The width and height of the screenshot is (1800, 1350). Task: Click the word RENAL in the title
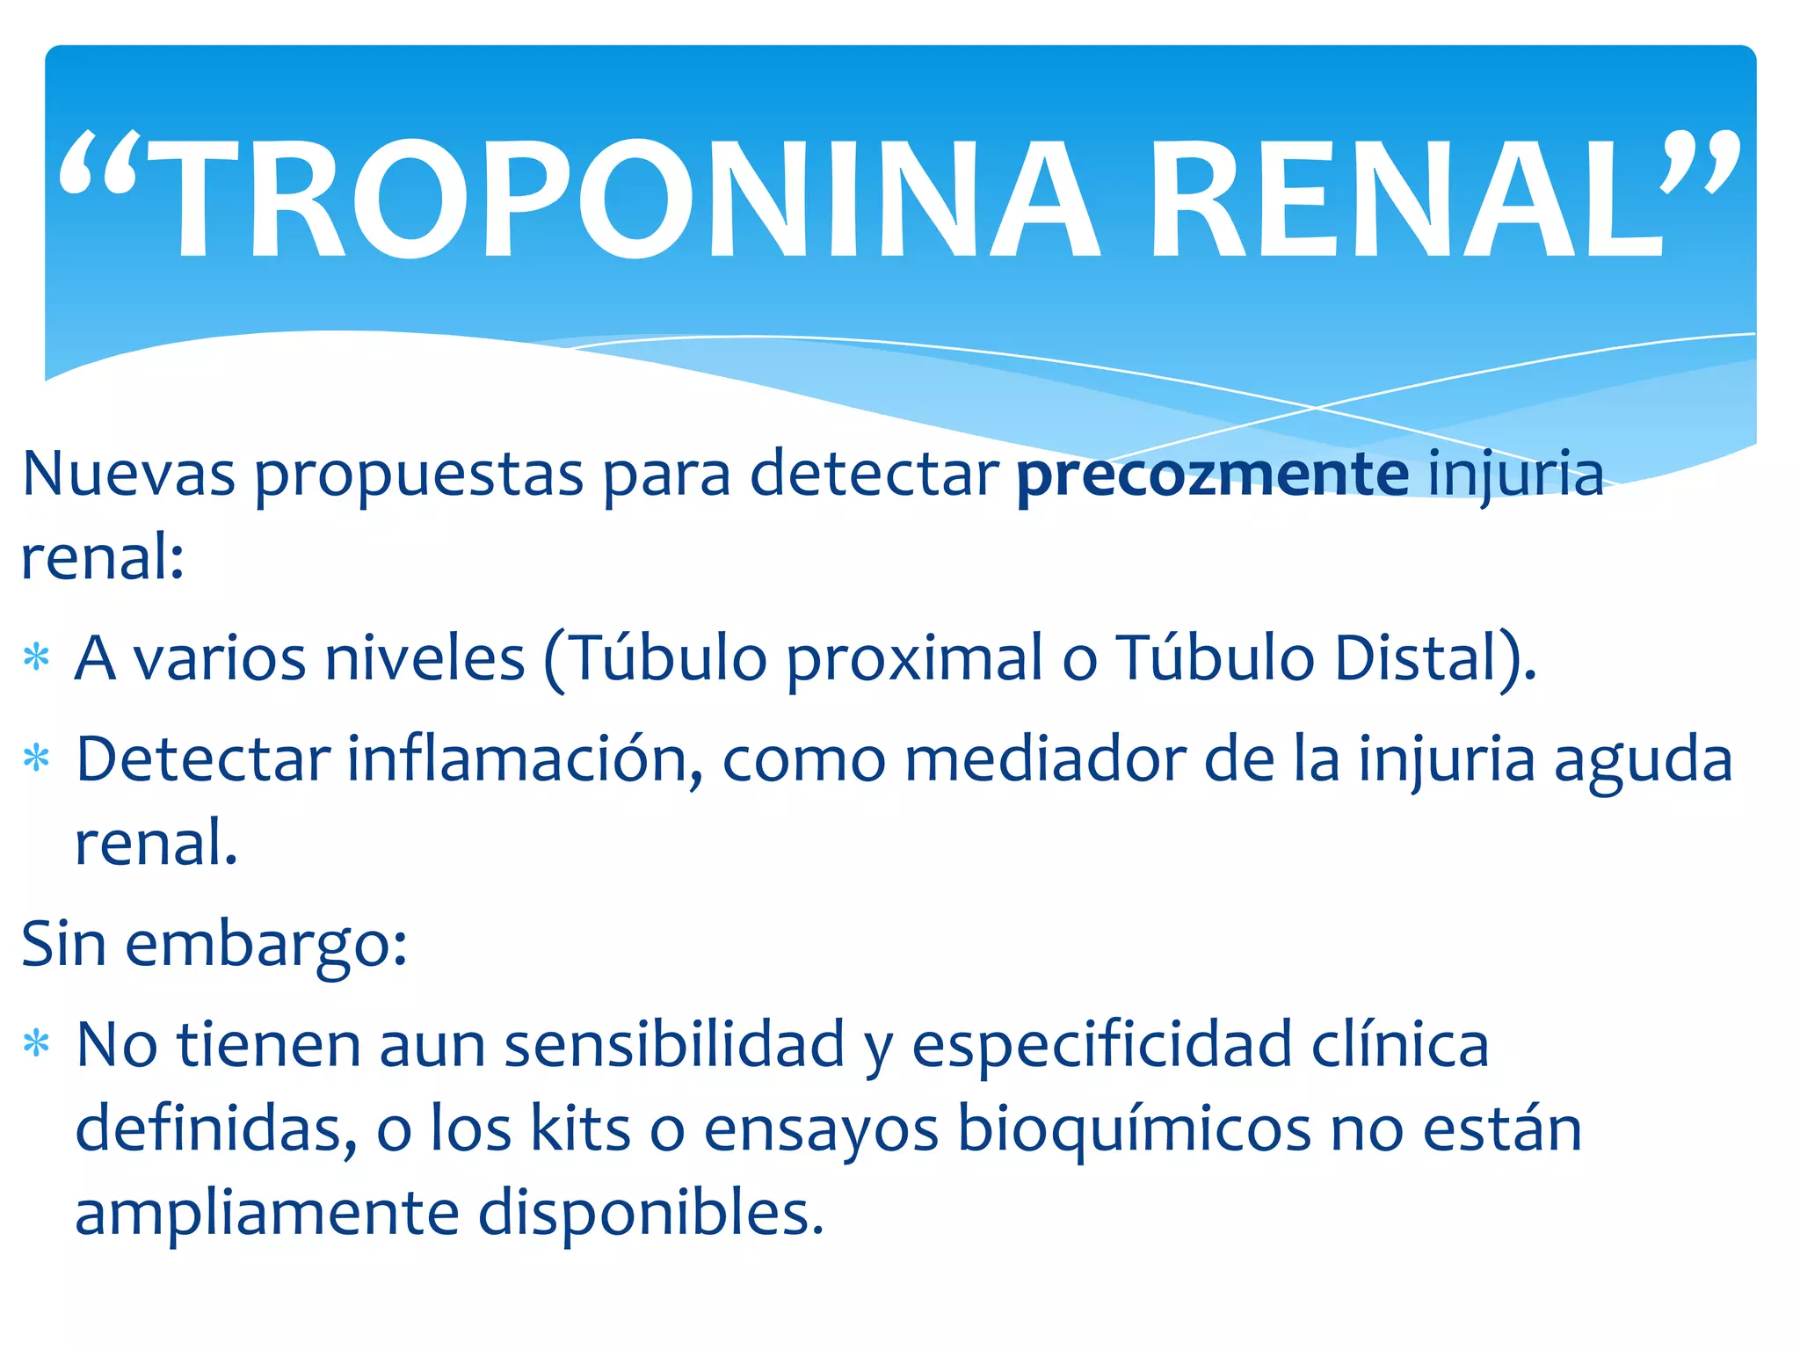click(1406, 200)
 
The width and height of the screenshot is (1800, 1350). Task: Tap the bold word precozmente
click(1213, 475)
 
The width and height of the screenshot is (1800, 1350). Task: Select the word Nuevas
click(128, 475)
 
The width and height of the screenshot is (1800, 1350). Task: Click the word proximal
click(914, 659)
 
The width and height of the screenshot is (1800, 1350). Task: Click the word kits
click(581, 1129)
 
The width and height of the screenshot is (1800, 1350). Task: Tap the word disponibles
click(650, 1215)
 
